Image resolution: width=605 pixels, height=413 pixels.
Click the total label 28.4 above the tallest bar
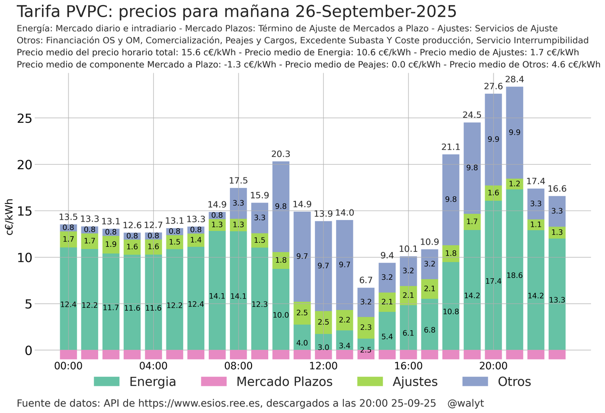pyautogui.click(x=515, y=80)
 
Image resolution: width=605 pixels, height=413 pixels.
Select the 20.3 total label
pyautogui.click(x=281, y=154)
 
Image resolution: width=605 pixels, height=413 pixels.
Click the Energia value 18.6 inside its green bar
pyautogui.click(x=515, y=276)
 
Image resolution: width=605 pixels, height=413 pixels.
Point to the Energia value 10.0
pyautogui.click(x=281, y=315)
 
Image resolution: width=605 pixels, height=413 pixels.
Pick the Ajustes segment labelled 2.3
pyautogui.click(x=366, y=327)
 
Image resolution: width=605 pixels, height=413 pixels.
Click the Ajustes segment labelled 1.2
pyautogui.click(x=515, y=184)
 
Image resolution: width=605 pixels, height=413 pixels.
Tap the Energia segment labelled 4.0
pyautogui.click(x=302, y=343)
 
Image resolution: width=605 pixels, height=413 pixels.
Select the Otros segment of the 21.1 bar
pyautogui.click(x=451, y=199)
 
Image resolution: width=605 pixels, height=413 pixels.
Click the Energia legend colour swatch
pyautogui.click(x=106, y=382)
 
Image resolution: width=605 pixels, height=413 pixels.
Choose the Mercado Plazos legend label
pyautogui.click(x=284, y=382)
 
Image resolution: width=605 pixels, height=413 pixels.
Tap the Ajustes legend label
pyautogui.click(x=415, y=382)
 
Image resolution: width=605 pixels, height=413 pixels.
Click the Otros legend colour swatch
pyautogui.click(x=474, y=382)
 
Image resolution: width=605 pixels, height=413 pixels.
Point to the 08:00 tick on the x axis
pyautogui.click(x=238, y=366)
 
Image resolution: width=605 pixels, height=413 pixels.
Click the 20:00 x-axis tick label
pyautogui.click(x=493, y=366)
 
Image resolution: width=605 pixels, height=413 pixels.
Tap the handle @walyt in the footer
pyautogui.click(x=466, y=403)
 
